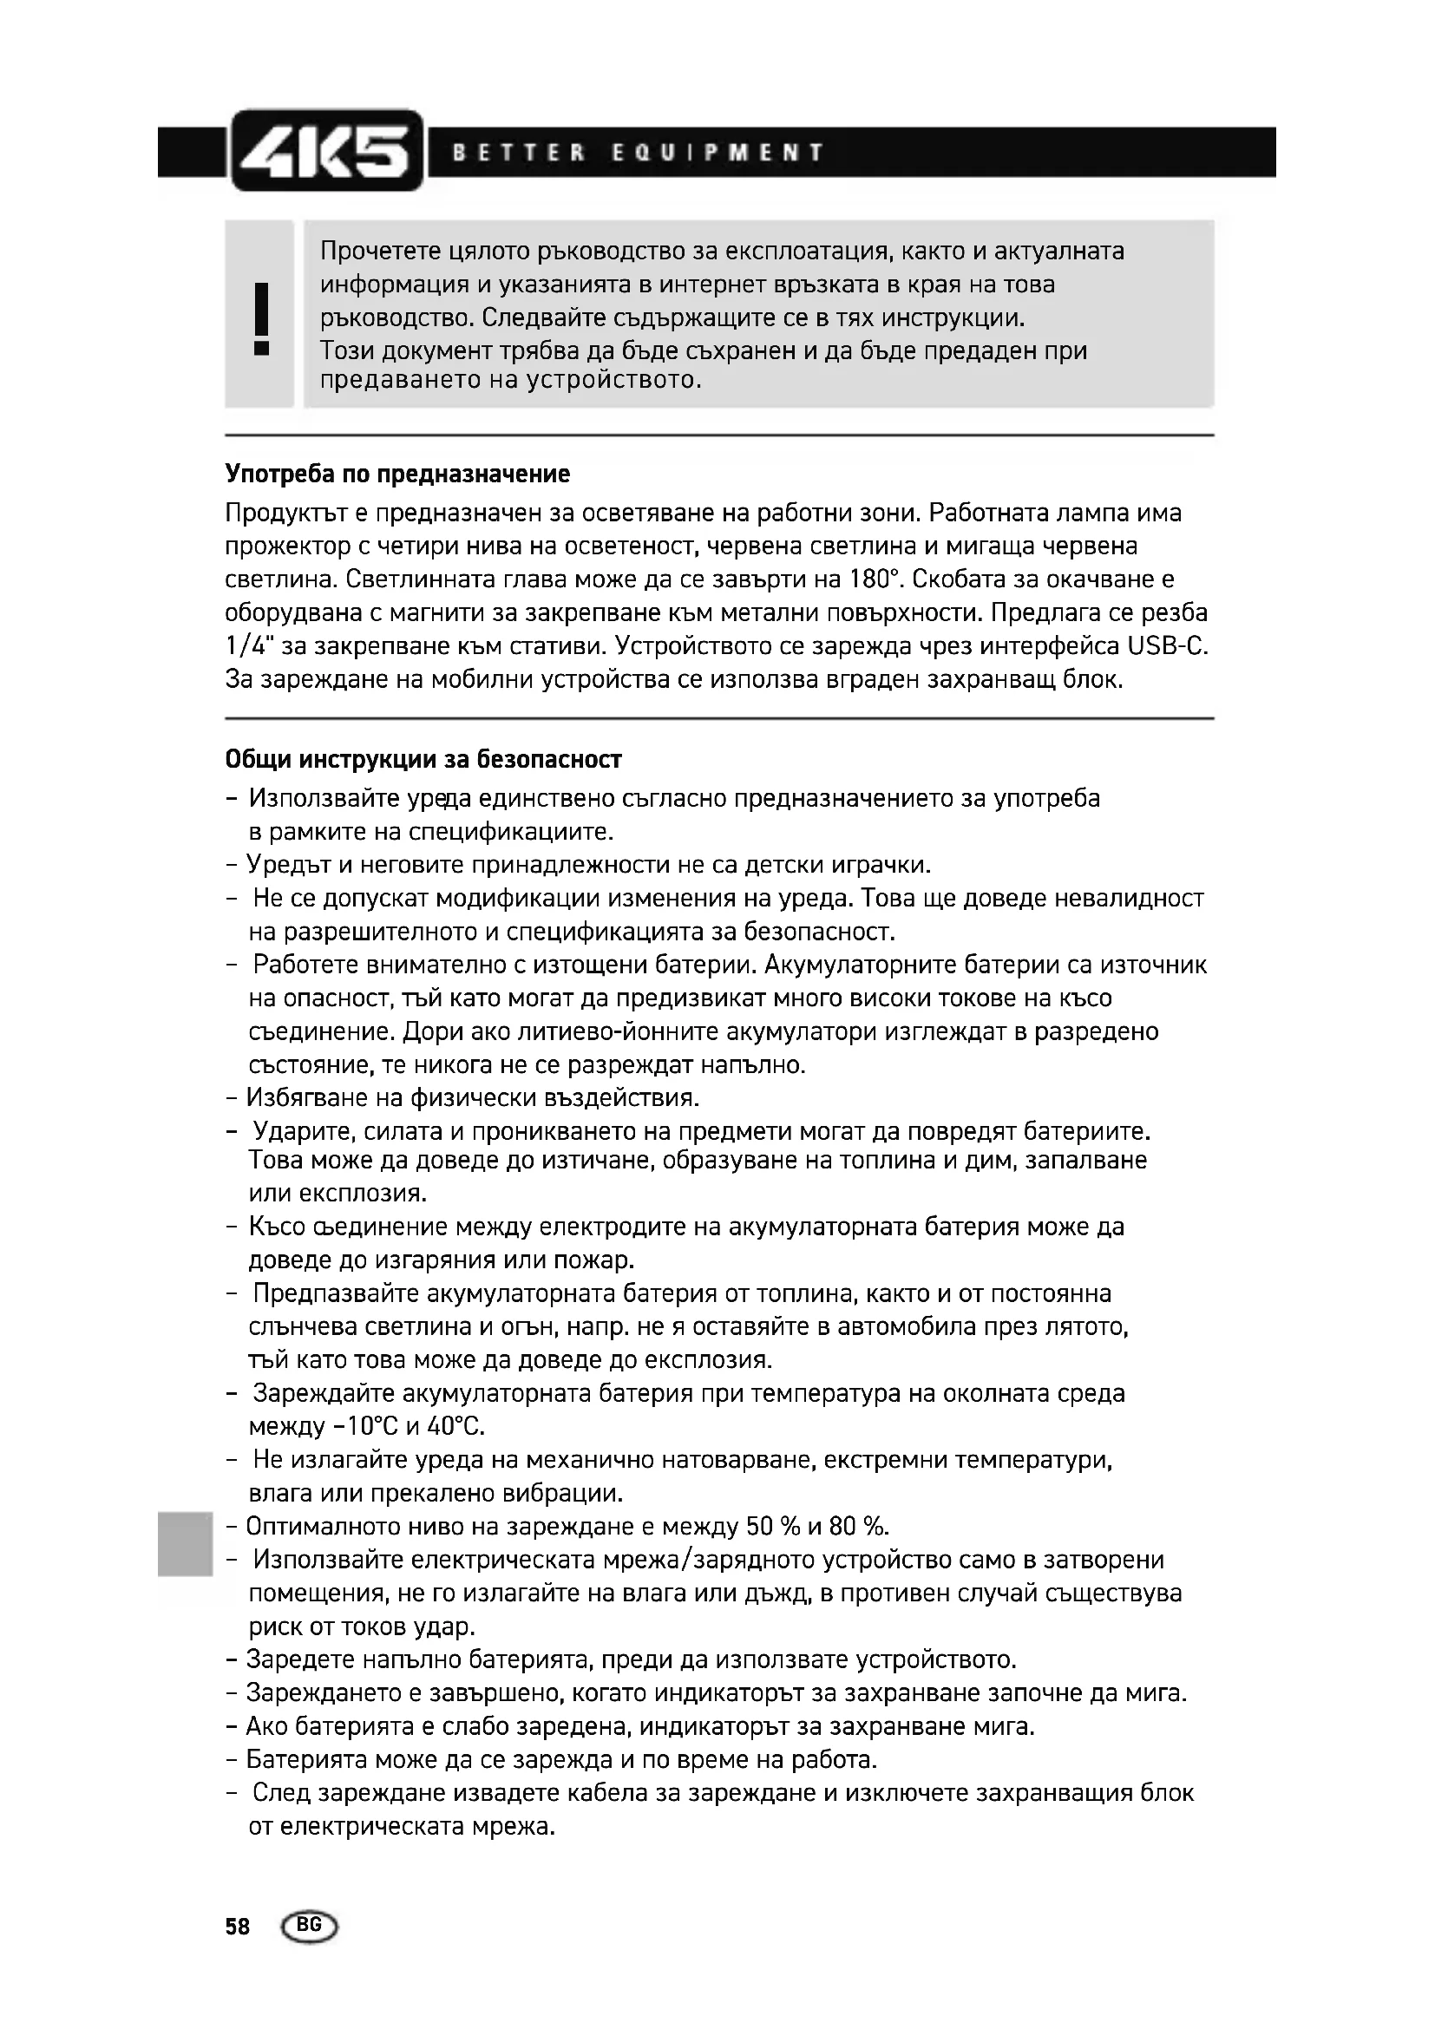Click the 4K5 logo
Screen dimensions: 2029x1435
tap(325, 150)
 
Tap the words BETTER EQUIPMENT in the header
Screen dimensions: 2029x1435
tap(638, 153)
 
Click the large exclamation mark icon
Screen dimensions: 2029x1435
tap(260, 317)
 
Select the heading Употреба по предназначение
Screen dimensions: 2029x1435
tap(397, 475)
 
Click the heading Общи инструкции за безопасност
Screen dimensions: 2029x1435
tap(423, 760)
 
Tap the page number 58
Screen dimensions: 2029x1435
tap(238, 1927)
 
